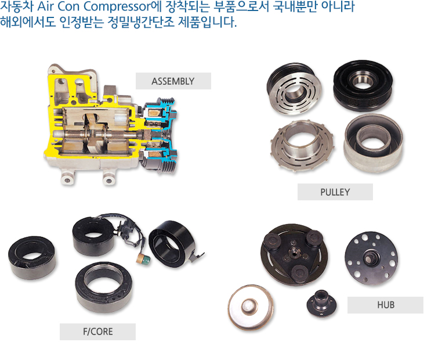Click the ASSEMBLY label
coord(173,81)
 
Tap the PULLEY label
coord(335,192)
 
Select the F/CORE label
coord(97,332)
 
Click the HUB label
coord(385,305)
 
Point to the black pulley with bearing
coord(363,85)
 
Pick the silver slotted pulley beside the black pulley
coord(294,90)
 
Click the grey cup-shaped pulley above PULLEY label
coord(373,143)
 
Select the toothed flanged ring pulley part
coord(302,145)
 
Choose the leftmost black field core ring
coord(32,258)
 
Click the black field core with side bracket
coord(173,244)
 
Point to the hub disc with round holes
coord(371,258)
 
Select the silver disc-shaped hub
coord(251,307)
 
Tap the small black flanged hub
coord(321,303)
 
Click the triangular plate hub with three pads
coord(294,254)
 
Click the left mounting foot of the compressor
coord(67,178)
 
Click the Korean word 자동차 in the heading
coord(16,6)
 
